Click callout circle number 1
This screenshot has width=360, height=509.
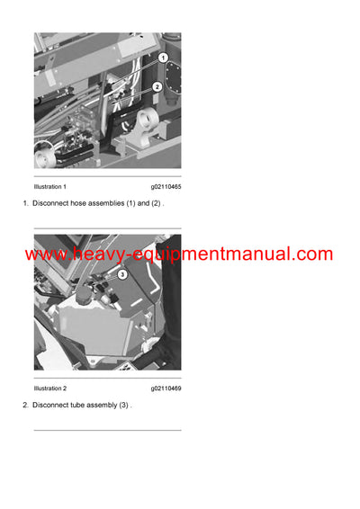pyautogui.click(x=163, y=58)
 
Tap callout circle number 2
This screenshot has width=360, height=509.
pyautogui.click(x=157, y=87)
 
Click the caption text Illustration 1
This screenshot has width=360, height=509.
pyautogui.click(x=50, y=186)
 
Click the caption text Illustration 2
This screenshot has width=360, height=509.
pyautogui.click(x=50, y=388)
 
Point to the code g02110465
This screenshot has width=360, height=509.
pyautogui.click(x=166, y=186)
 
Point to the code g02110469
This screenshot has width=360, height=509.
pyautogui.click(x=166, y=388)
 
